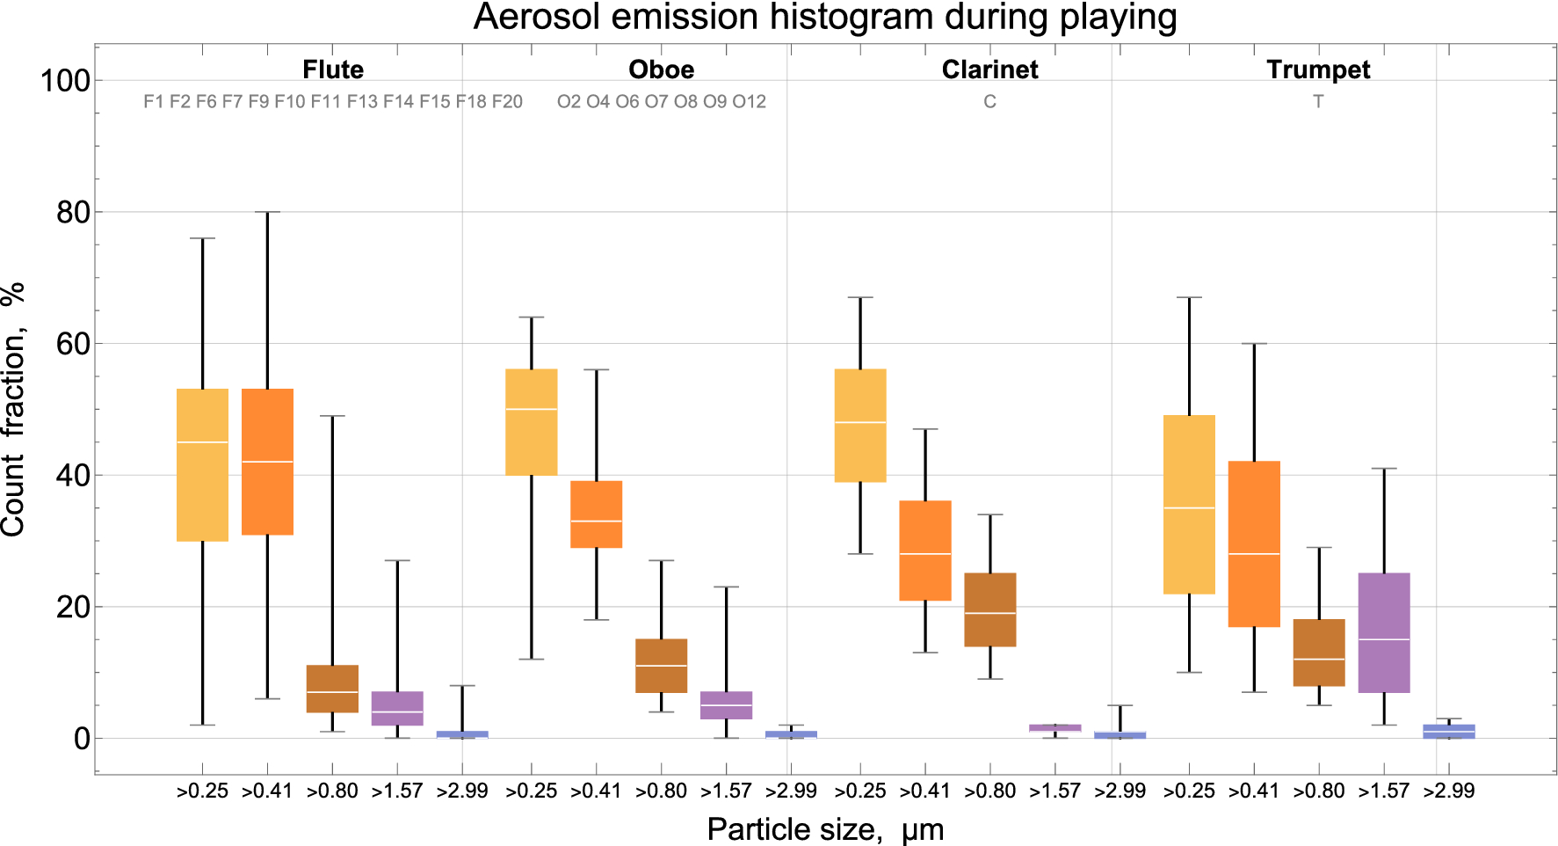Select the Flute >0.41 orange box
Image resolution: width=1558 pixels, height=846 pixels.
[267, 461]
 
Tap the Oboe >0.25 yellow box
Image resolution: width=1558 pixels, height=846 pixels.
[531, 422]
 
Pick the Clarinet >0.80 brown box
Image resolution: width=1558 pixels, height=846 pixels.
[989, 609]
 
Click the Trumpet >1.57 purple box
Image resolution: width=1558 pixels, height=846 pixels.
[1383, 632]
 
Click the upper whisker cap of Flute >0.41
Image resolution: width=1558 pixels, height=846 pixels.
[267, 212]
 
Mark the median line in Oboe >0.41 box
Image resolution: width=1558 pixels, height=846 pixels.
[596, 521]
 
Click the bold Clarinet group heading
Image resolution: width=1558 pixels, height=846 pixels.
[989, 69]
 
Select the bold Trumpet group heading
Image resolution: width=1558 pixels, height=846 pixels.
[1317, 69]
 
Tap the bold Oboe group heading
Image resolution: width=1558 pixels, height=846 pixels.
[661, 69]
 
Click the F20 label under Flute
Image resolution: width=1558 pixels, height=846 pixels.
[507, 102]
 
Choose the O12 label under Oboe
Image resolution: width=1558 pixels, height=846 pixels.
[749, 102]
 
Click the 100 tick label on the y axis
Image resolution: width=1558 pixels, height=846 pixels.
[65, 81]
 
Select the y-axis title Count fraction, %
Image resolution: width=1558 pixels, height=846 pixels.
[14, 409]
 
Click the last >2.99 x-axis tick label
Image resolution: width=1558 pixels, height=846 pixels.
[1448, 791]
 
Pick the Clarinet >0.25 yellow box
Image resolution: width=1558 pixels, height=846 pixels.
[859, 426]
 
